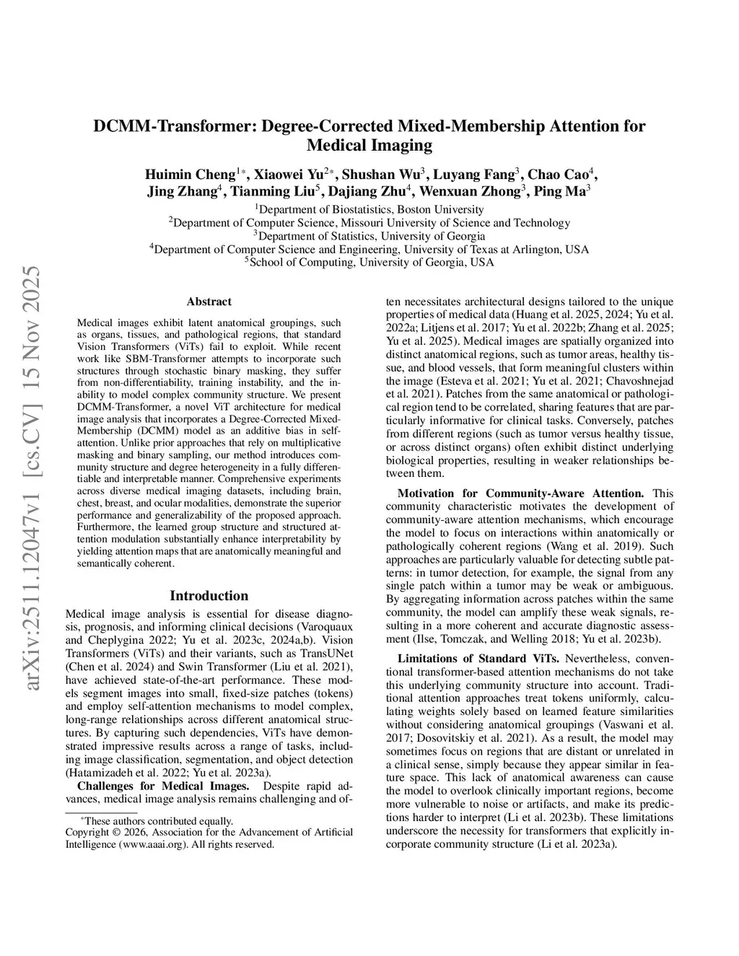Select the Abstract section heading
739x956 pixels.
click(209, 302)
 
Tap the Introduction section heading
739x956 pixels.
click(209, 595)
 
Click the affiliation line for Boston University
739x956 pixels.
click(369, 209)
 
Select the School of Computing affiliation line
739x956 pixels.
click(369, 263)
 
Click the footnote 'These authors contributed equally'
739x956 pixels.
click(159, 820)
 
